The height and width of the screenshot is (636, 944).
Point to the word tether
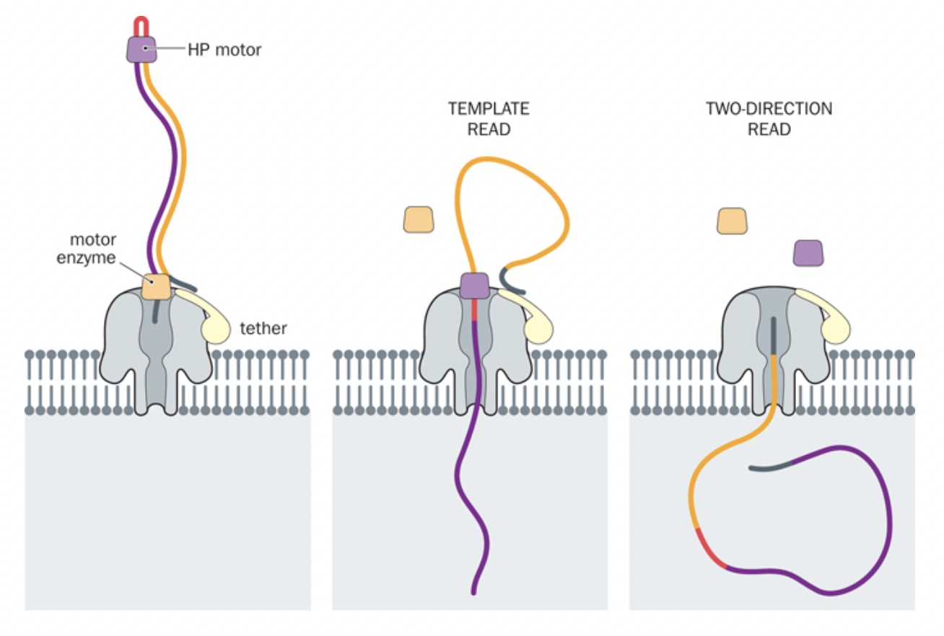click(263, 329)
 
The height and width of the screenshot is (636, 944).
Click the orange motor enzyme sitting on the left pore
click(157, 286)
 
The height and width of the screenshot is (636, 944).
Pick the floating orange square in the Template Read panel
click(419, 219)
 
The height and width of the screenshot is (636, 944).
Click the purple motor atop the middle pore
click(475, 285)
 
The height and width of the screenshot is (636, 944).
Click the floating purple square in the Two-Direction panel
click(808, 253)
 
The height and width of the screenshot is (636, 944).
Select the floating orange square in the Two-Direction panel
click(733, 221)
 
